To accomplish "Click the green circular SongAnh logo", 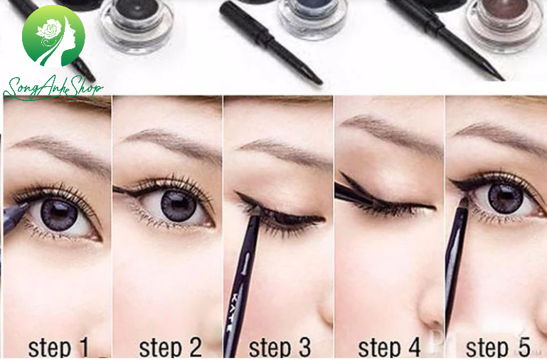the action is [x=53, y=36].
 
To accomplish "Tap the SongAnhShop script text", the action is [x=53, y=88].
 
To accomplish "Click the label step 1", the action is [x=58, y=347].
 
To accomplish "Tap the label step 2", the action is [x=171, y=347].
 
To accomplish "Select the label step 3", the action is [x=280, y=347].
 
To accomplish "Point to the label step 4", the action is [x=389, y=347].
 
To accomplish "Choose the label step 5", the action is [x=498, y=347].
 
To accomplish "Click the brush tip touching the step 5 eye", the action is [x=464, y=202].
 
